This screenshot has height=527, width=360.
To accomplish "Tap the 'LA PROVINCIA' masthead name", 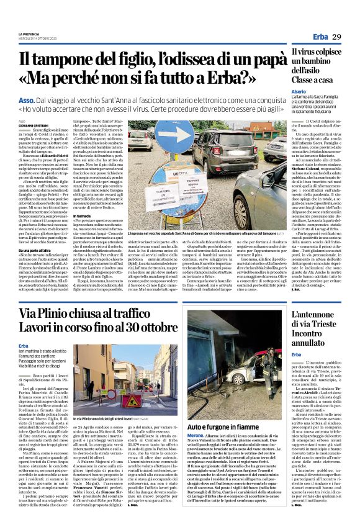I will tap(29, 34).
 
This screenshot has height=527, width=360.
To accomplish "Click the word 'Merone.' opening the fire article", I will tap(197, 437).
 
